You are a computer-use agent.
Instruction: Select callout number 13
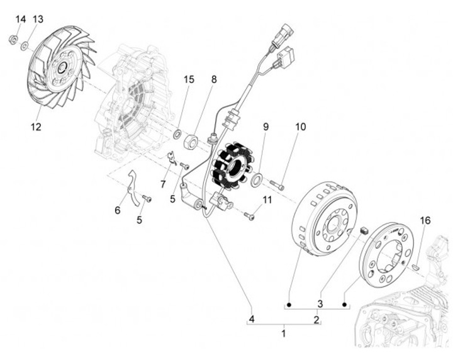coord(38,20)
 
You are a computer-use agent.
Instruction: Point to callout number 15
coord(189,79)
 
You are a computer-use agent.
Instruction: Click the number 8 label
coord(214,79)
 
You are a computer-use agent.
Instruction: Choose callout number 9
coord(266,127)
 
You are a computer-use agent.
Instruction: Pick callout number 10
coord(300,127)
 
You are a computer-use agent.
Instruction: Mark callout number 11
coord(268,200)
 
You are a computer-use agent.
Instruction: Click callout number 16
coord(426,220)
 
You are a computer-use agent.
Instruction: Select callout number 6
coord(117,210)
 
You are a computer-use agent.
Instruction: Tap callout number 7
coord(163,184)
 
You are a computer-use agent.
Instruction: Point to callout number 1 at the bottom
coord(284,332)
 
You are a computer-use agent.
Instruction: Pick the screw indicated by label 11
coord(249,216)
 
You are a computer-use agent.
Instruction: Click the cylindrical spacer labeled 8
coord(191,142)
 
